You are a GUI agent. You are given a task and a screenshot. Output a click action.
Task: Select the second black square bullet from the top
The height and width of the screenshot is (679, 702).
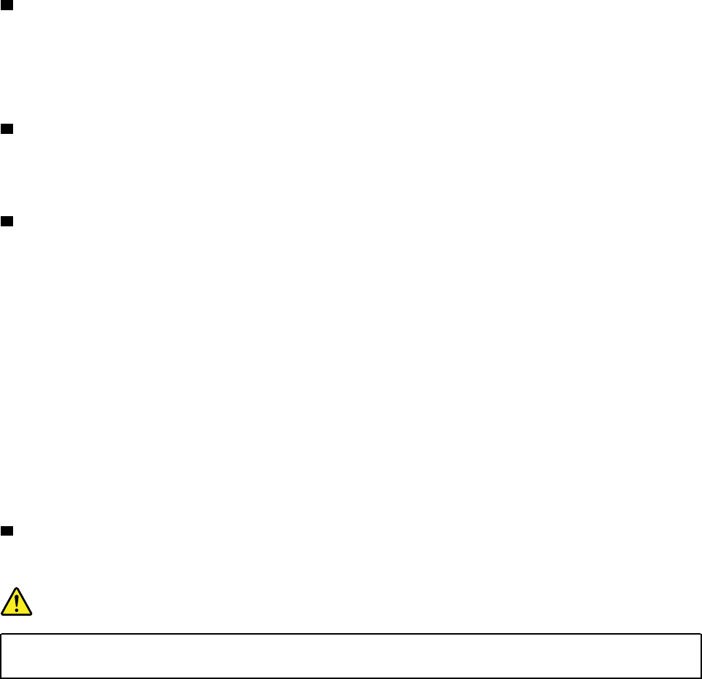tap(6, 129)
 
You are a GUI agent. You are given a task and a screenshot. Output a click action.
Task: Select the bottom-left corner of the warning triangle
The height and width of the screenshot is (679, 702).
tap(2, 614)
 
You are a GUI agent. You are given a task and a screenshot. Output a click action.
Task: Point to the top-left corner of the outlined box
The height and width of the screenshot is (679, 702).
tap(1, 634)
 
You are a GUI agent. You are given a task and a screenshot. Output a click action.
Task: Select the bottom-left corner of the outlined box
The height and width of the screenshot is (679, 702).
tap(1, 678)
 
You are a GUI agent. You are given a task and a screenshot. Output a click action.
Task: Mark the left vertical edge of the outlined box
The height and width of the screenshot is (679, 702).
tap(1, 656)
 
